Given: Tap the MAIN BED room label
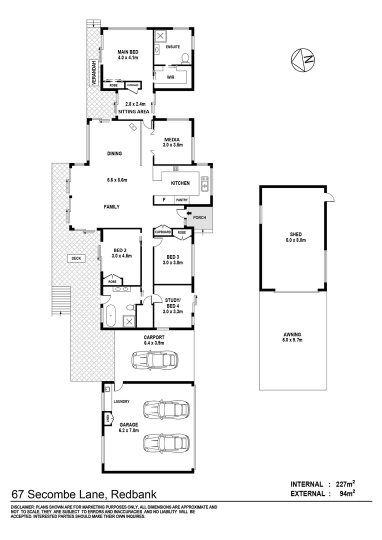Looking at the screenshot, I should pyautogui.click(x=127, y=52).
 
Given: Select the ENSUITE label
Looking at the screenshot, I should pyautogui.click(x=172, y=47).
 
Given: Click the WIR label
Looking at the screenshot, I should pyautogui.click(x=170, y=77).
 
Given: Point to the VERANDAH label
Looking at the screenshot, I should pyautogui.click(x=93, y=72).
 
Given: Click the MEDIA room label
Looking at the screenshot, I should pyautogui.click(x=172, y=139).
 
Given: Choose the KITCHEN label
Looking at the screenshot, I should pyautogui.click(x=180, y=183).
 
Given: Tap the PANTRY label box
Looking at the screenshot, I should pyautogui.click(x=182, y=200).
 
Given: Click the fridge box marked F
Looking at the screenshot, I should pyautogui.click(x=163, y=200).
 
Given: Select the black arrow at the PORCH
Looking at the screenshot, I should pyautogui.click(x=188, y=214).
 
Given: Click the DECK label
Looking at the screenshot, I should pyautogui.click(x=76, y=258).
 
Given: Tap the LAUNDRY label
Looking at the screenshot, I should pyautogui.click(x=121, y=401).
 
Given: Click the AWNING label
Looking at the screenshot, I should pyautogui.click(x=292, y=334).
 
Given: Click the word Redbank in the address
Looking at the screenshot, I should pyautogui.click(x=133, y=495).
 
